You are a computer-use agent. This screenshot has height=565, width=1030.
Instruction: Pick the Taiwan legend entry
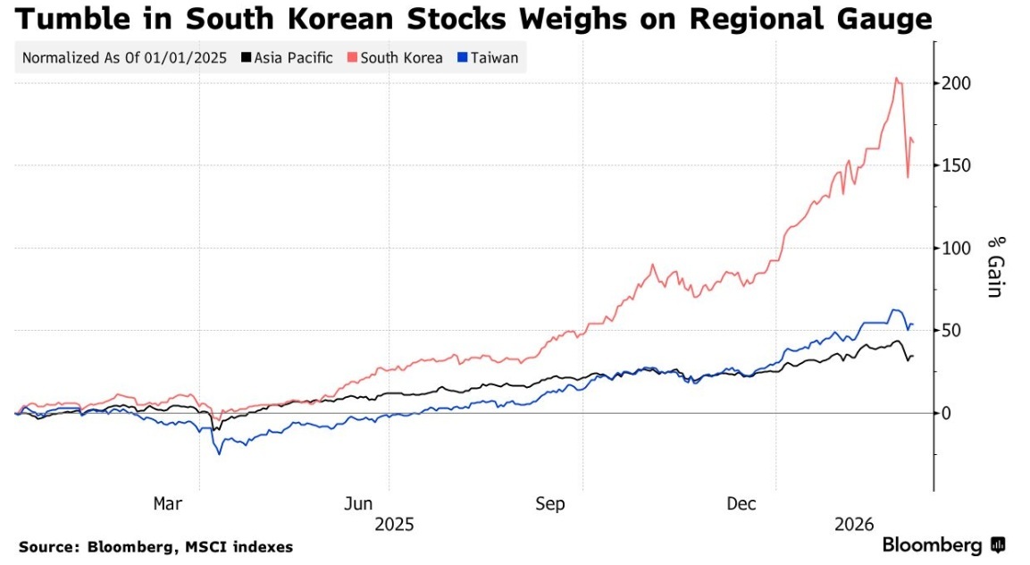[495, 58]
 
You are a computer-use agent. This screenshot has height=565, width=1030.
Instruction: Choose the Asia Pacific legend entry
[293, 58]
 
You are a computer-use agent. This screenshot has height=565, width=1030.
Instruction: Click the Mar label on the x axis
[167, 504]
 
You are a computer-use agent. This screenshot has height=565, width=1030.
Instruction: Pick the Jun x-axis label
[358, 504]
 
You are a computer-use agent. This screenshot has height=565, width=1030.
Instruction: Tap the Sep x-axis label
[551, 504]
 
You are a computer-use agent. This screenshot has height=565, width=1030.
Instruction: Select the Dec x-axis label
[742, 504]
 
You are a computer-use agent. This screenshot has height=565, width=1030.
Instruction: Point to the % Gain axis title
[996, 266]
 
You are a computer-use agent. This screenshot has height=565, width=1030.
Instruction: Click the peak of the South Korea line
[896, 79]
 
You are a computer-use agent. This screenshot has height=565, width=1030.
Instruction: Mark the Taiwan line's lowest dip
[219, 453]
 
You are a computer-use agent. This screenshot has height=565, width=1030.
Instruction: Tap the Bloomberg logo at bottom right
[943, 544]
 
